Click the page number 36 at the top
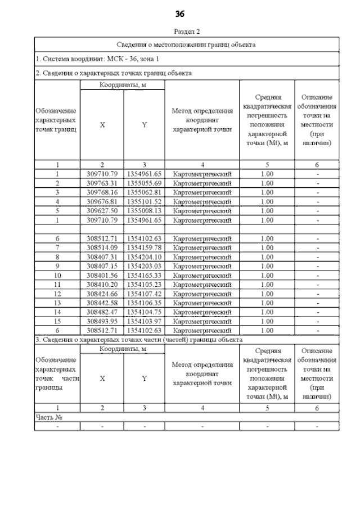point(180,13)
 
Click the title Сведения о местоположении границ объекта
point(186,44)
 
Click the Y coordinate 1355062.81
point(144,192)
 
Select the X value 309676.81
point(102,201)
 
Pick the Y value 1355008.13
point(144,210)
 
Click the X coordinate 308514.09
point(102,247)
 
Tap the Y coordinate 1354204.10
point(144,256)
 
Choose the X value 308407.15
point(102,265)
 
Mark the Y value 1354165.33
point(144,275)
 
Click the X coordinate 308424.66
point(102,294)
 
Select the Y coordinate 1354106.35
point(144,303)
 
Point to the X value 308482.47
point(102,312)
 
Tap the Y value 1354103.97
point(144,321)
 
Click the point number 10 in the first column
point(57,275)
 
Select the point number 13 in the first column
point(57,303)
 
